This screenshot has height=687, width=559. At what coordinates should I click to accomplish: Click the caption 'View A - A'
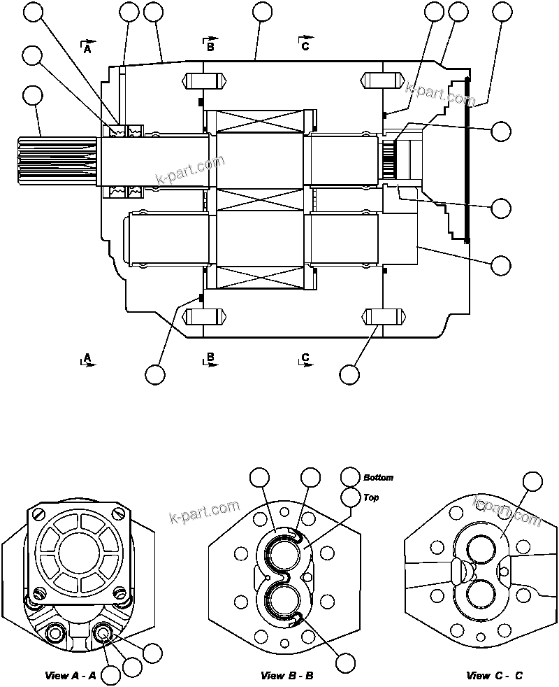pyautogui.click(x=70, y=675)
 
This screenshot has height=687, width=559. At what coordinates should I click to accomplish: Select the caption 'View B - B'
pyautogui.click(x=286, y=675)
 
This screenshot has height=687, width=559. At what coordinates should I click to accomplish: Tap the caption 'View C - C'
pyautogui.click(x=494, y=675)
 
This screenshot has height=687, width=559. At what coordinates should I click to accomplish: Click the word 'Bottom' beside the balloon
pyautogui.click(x=378, y=478)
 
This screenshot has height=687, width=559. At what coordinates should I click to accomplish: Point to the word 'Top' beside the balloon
pyautogui.click(x=370, y=498)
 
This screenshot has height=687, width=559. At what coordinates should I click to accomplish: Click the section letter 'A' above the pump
pyautogui.click(x=87, y=49)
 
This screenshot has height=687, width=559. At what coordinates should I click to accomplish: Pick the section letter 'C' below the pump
pyautogui.click(x=305, y=358)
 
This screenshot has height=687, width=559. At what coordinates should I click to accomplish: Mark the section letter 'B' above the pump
pyautogui.click(x=210, y=47)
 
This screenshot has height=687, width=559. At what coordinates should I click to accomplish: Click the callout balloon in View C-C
pyautogui.click(x=533, y=481)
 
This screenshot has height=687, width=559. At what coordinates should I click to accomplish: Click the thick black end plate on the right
pyautogui.click(x=466, y=161)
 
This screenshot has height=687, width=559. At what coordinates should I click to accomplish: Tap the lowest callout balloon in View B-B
pyautogui.click(x=344, y=663)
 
